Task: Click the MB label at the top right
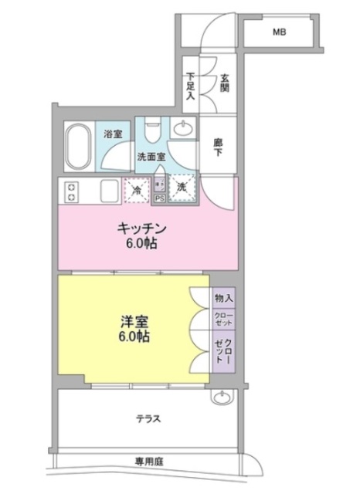pos(279,33)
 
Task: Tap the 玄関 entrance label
pos(225,81)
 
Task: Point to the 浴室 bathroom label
pos(113,134)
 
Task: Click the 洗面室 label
pos(151,157)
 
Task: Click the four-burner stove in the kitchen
pos(72,191)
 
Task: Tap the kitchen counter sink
pos(106,191)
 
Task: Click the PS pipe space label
pos(160,198)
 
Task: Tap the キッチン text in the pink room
pos(142,229)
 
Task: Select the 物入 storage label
pos(224,297)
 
